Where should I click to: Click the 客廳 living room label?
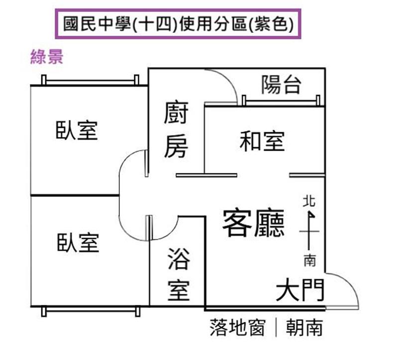(x=253, y=223)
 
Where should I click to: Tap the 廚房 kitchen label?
(x=176, y=129)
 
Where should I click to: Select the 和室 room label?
(x=262, y=141)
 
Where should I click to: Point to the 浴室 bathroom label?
(x=179, y=274)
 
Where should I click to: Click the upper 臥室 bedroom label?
(x=77, y=130)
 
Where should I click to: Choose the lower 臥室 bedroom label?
(x=78, y=243)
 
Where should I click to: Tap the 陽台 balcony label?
(x=281, y=85)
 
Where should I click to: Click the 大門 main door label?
(x=300, y=289)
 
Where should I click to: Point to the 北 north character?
(x=309, y=201)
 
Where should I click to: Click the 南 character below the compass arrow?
(x=309, y=261)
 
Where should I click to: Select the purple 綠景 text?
(x=47, y=57)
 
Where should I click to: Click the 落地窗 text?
(x=238, y=328)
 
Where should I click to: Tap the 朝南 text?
(x=304, y=328)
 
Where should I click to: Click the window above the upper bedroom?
(x=90, y=82)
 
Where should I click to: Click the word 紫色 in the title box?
(x=271, y=24)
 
